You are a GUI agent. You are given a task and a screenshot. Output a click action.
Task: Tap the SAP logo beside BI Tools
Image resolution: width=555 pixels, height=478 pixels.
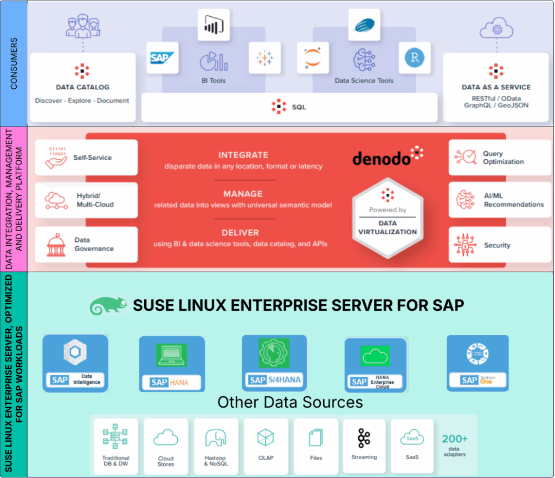point(163,58)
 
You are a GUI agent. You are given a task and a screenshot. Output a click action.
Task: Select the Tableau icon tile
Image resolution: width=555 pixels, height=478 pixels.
point(265,57)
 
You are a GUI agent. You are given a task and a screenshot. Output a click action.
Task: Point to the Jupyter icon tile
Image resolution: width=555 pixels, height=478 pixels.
point(313,58)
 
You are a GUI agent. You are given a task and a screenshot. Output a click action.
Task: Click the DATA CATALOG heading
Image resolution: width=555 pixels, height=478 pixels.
point(82,87)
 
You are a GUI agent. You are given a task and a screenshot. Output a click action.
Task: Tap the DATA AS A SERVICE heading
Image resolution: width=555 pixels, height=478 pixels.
point(496,87)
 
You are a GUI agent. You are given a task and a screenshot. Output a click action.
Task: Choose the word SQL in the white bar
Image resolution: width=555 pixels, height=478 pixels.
point(299,107)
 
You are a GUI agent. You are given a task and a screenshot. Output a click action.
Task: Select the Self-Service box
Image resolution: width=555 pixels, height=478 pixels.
point(86,158)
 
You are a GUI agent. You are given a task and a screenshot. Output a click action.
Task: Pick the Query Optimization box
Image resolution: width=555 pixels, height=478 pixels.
point(499,158)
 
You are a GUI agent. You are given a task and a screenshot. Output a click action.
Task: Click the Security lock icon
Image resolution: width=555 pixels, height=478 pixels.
point(465,245)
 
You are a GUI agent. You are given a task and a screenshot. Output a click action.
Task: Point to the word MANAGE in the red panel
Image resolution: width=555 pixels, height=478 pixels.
point(243,194)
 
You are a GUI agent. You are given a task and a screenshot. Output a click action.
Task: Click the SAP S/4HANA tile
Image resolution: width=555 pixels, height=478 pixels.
point(274,363)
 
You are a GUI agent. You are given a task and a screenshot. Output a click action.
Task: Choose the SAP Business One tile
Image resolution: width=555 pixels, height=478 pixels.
point(477,363)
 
